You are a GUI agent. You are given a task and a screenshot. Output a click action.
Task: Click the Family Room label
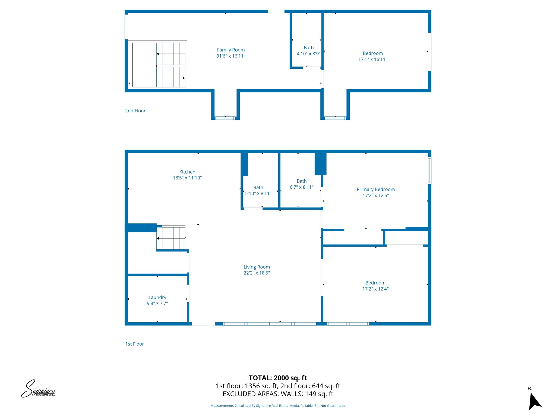tap(231, 50)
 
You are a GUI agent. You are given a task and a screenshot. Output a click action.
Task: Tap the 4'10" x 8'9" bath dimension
tap(308, 54)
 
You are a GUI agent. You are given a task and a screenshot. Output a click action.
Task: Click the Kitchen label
tap(187, 172)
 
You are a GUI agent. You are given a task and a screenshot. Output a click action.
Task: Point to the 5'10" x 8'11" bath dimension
tap(258, 194)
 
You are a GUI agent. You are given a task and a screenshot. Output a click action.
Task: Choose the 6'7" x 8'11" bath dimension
tap(301, 187)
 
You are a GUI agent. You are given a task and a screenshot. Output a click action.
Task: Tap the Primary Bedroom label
tap(375, 189)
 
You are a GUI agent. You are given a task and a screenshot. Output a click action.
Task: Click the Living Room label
tap(257, 267)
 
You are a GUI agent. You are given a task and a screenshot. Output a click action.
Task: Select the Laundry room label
tap(157, 298)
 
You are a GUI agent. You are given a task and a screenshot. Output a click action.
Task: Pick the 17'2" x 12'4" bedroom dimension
tap(375, 289)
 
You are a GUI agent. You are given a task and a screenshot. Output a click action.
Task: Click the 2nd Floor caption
tap(135, 111)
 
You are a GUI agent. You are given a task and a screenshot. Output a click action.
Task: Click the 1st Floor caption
tap(134, 344)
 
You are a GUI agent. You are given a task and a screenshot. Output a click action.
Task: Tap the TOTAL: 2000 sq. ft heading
tap(278, 378)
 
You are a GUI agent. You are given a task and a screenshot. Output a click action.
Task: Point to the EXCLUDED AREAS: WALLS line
tap(278, 394)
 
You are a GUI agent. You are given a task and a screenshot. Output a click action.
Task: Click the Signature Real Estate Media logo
tap(38, 389)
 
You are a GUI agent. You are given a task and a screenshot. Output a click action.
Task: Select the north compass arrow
tap(534, 400)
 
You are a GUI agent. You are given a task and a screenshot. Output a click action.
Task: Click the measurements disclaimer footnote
tap(278, 406)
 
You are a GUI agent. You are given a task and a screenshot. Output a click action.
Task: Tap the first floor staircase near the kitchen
tap(171, 238)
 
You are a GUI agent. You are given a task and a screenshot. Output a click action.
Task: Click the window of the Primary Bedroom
tap(429, 170)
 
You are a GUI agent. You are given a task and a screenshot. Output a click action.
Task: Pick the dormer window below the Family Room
tap(225, 118)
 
